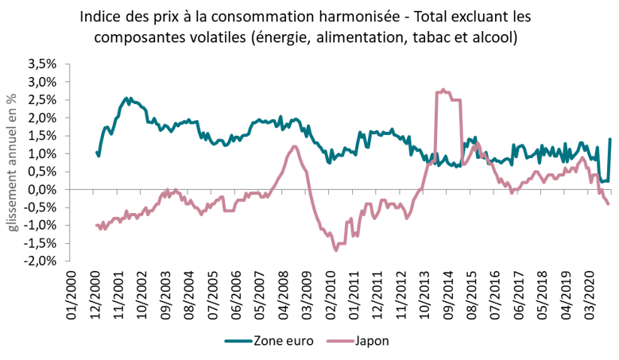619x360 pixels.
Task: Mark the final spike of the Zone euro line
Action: tap(609, 140)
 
